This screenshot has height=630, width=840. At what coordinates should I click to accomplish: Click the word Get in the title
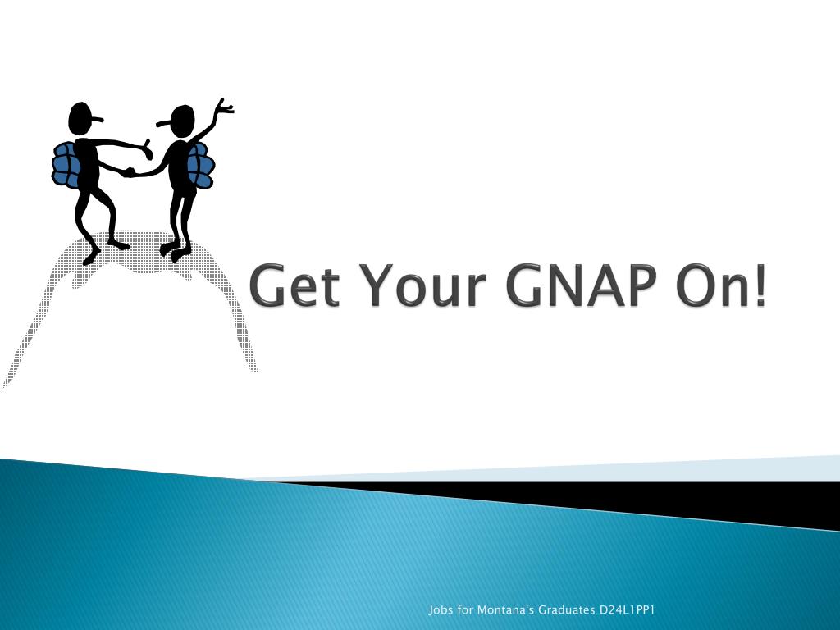tap(294, 285)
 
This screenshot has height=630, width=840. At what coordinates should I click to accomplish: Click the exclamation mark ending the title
tap(760, 285)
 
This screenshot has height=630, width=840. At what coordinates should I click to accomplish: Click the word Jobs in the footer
tap(441, 610)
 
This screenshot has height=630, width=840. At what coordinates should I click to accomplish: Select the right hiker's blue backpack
tap(201, 165)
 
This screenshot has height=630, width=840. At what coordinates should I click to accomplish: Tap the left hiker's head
tap(80, 118)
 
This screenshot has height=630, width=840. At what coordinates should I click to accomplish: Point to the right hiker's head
tap(182, 121)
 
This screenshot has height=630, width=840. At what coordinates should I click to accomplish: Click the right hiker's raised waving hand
tap(223, 106)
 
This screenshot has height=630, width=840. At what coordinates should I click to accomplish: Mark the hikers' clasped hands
tap(128, 172)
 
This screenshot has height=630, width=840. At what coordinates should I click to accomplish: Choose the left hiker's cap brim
tap(96, 119)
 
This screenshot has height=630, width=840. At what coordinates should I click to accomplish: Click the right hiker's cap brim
tap(163, 125)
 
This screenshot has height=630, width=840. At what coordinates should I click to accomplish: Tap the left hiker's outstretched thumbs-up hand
tap(147, 149)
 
